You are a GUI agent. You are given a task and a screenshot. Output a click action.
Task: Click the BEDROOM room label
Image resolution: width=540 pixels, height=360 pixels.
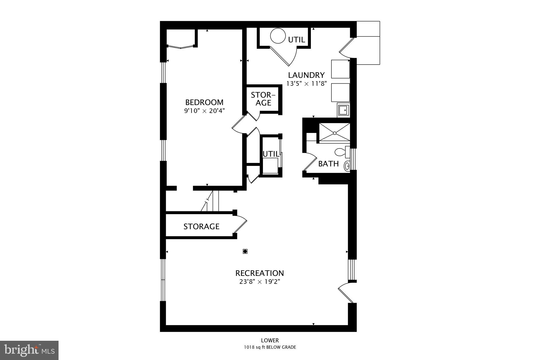pos(204,102)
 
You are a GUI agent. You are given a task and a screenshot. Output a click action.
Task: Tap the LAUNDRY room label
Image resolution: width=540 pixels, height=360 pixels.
pos(306,75)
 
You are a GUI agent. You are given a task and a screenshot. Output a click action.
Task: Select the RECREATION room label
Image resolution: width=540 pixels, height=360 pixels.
pos(259,273)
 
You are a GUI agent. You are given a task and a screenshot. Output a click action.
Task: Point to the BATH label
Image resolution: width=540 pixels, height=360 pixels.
pos(328,164)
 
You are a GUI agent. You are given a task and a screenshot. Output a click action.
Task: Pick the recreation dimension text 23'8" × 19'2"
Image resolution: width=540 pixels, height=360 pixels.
pos(259,282)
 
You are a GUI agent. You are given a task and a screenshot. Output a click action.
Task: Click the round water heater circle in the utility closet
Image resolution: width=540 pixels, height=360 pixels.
pos(278,36)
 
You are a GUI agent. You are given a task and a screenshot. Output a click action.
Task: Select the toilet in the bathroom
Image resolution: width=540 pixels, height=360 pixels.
pos(340,152)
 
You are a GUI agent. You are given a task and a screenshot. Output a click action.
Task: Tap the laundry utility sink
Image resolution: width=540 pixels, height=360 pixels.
pos(344,110)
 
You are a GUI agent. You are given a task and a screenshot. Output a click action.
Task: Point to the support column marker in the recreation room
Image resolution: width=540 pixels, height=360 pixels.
pos(245,251)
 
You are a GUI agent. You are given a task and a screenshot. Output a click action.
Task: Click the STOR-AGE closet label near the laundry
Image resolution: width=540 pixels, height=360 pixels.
pos(263,99)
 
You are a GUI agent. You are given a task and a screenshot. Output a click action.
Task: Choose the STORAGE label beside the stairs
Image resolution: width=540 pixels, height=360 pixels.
pos(201,227)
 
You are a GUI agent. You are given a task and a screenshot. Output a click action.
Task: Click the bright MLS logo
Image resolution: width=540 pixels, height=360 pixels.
pos(29,350)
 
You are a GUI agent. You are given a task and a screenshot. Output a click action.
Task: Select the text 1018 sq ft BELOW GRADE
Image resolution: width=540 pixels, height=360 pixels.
pos(270,347)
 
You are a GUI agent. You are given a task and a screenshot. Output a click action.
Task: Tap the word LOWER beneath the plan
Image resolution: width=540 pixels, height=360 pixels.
pos(270,340)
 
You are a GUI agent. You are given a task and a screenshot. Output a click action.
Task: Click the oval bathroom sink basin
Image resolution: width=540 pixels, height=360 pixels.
pos(347,166)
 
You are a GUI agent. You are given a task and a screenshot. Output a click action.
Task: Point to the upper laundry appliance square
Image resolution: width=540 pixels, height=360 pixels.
pos(340,69)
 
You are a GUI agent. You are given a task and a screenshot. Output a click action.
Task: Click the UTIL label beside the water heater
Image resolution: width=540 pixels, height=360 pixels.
pos(297,40)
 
